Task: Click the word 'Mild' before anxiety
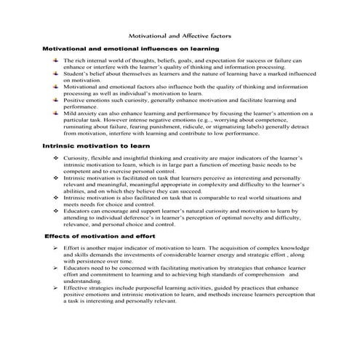[x=71, y=113]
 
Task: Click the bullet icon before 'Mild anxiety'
[x=55, y=113]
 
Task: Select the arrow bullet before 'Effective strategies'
[x=56, y=287]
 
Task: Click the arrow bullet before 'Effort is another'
[x=56, y=248]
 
